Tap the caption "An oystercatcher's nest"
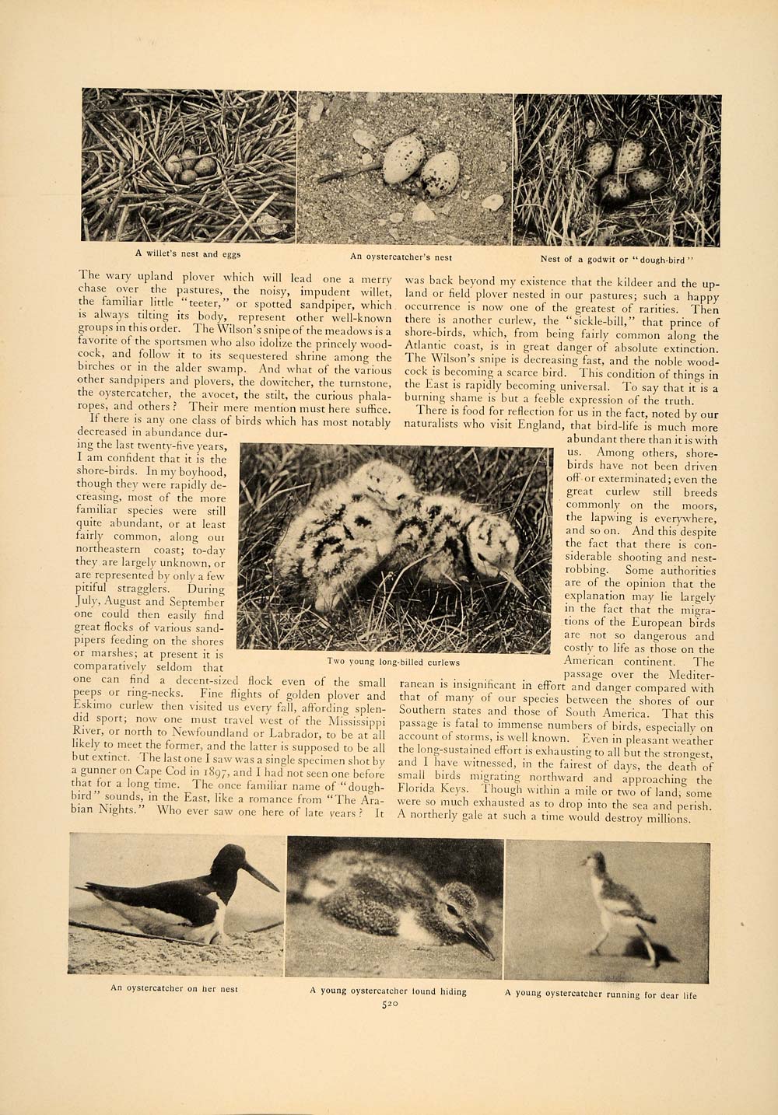pyautogui.click(x=401, y=257)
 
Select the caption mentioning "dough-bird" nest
pyautogui.click(x=615, y=259)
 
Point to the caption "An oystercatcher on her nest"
pyautogui.click(x=173, y=989)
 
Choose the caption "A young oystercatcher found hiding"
pyautogui.click(x=388, y=991)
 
